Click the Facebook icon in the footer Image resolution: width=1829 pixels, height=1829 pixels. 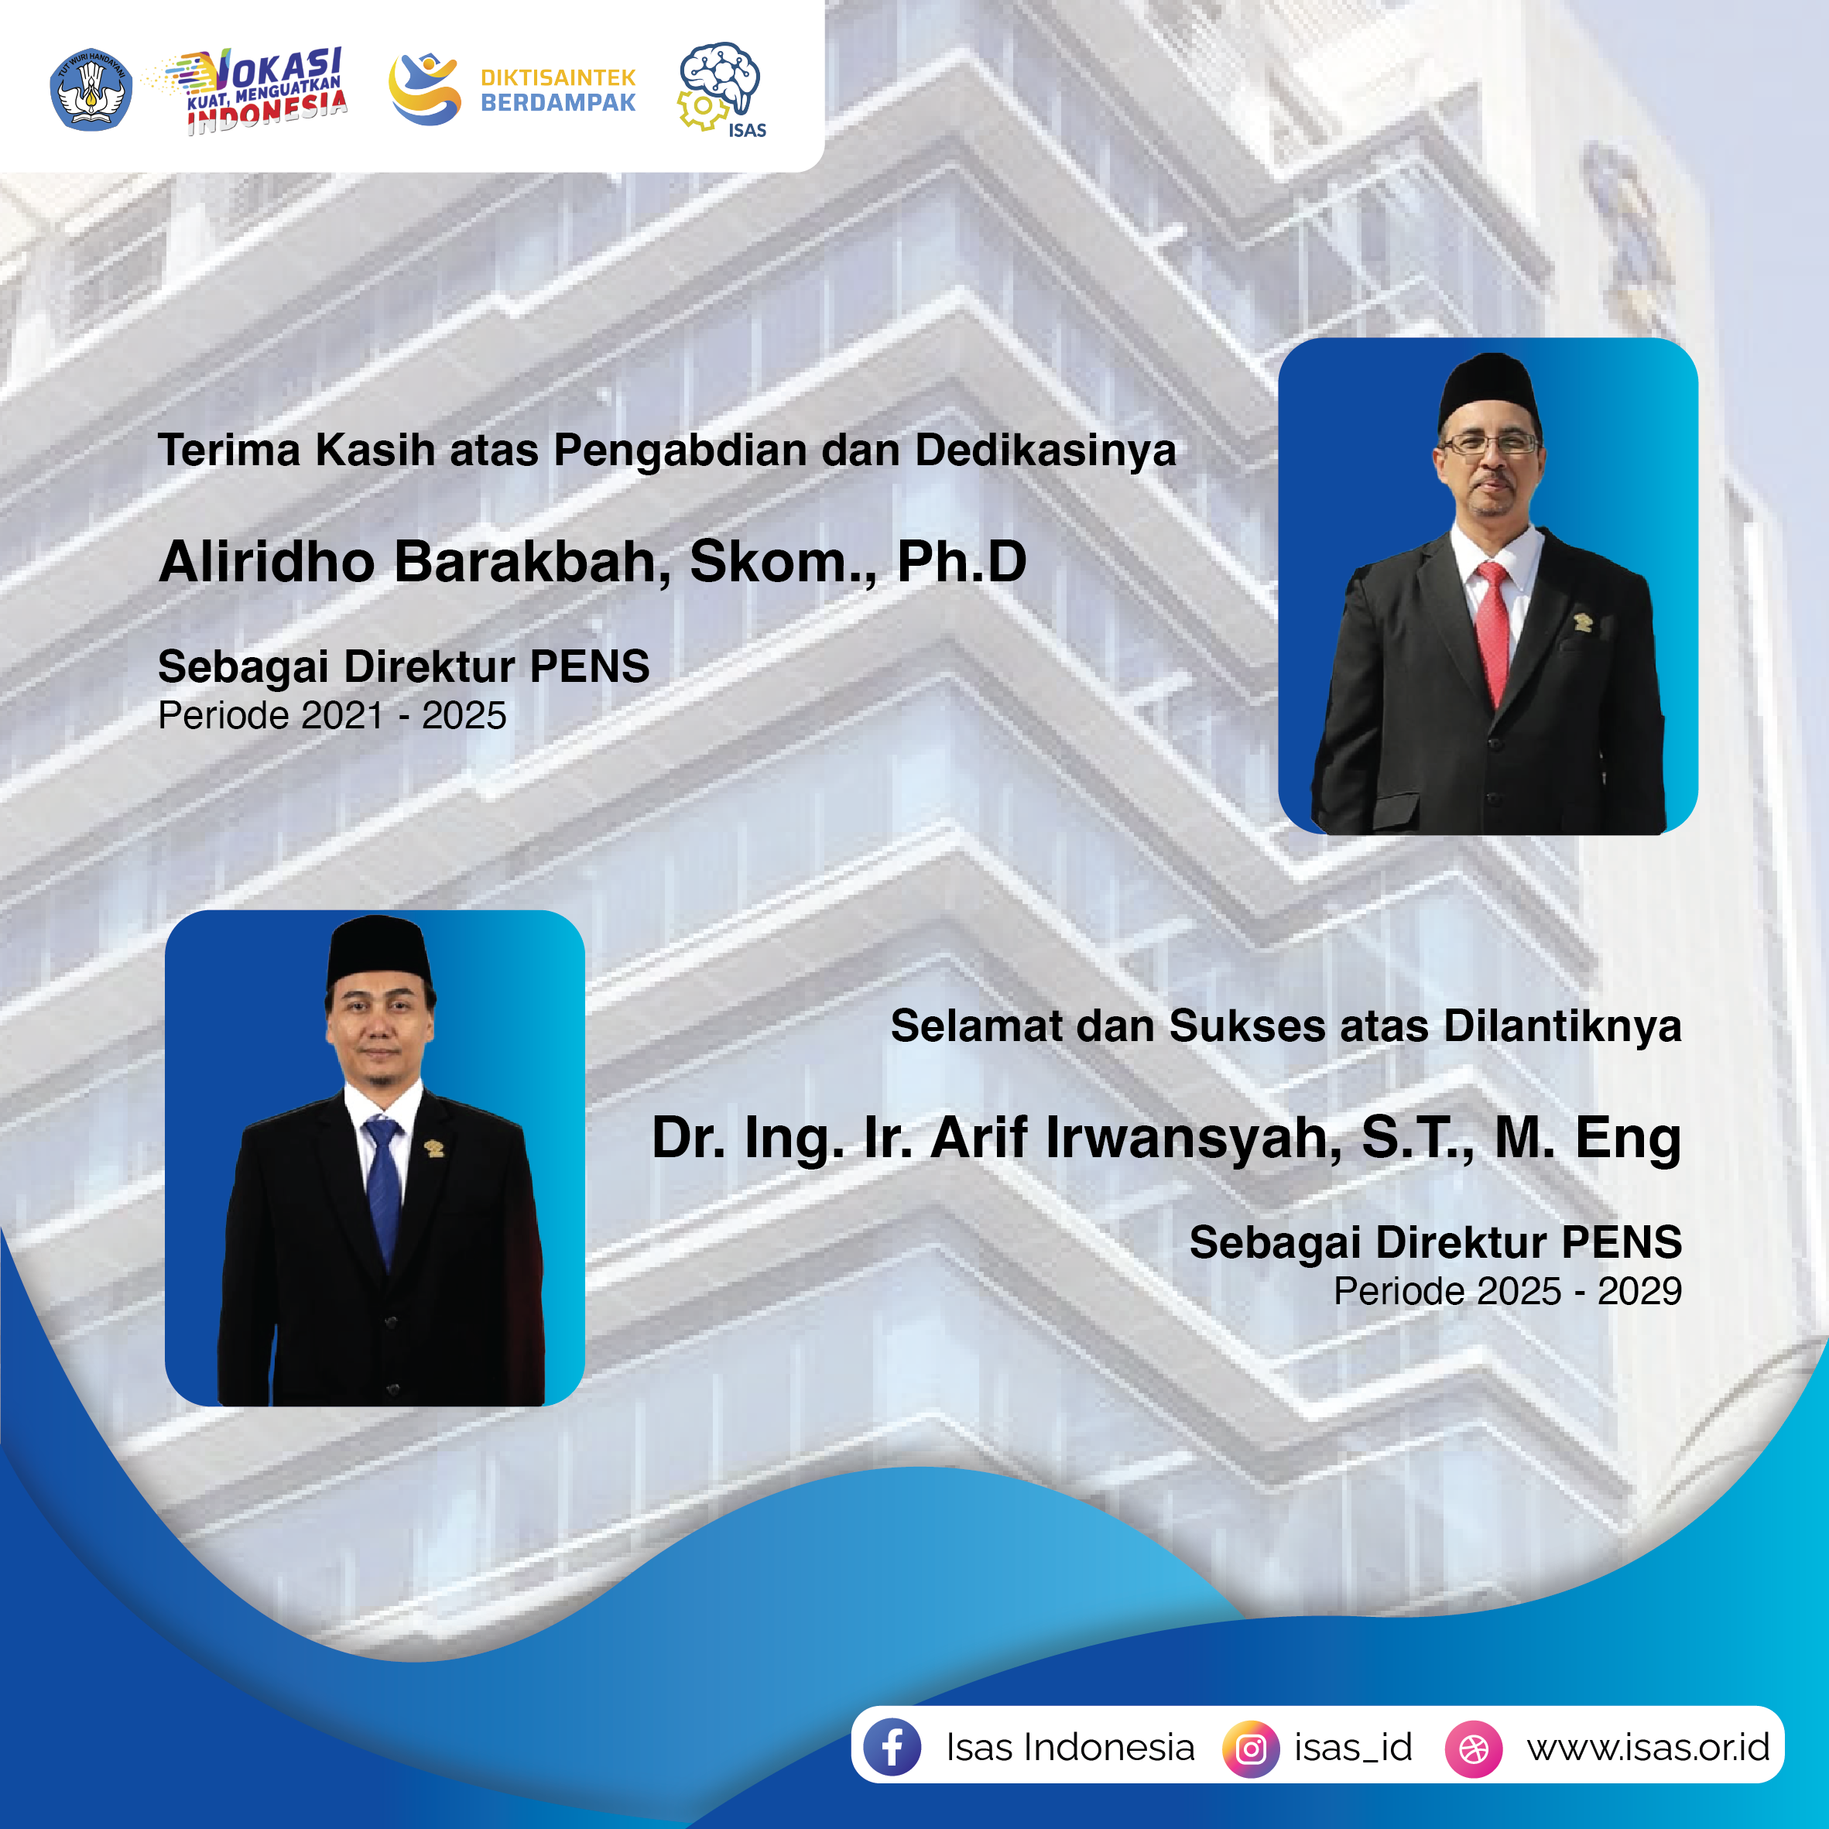point(892,1747)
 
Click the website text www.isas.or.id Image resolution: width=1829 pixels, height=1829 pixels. point(1648,1748)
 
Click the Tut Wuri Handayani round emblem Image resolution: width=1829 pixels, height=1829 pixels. point(91,89)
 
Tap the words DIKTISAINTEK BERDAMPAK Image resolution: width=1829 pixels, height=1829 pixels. point(557,90)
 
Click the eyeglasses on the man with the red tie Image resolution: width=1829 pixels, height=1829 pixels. point(1490,442)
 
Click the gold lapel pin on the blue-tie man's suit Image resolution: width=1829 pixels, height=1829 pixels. point(434,1149)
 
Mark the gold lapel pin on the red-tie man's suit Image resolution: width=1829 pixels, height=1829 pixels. point(1582,622)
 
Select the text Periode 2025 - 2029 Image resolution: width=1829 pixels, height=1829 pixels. point(1508,1291)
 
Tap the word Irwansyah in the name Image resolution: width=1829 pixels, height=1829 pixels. point(1193,1139)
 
